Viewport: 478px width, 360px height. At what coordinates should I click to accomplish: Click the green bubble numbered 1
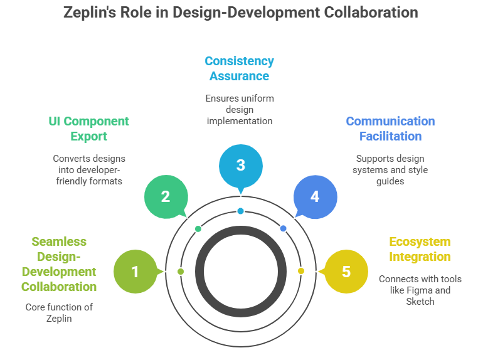tap(134, 272)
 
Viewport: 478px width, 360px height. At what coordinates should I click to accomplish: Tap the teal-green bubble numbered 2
tap(166, 196)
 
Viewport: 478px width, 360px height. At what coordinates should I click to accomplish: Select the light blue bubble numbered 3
tap(240, 166)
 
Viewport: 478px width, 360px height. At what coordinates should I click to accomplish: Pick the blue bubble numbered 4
tap(315, 196)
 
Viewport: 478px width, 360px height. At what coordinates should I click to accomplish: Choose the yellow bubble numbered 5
tap(346, 272)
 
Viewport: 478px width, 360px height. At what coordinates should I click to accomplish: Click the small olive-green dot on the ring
tap(181, 271)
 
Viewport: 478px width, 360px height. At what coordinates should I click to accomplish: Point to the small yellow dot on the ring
tap(300, 271)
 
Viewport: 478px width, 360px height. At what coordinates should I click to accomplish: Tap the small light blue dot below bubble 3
tap(240, 211)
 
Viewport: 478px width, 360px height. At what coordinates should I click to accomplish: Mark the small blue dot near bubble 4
tap(283, 228)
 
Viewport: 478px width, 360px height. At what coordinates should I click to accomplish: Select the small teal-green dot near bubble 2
tap(198, 228)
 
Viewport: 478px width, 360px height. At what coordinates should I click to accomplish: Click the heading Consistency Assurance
tap(240, 69)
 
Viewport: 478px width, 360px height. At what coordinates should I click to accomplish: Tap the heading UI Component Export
tap(88, 129)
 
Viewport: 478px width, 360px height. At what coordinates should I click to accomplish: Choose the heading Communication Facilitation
tap(390, 129)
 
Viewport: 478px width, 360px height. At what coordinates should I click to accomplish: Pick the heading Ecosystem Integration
tap(420, 249)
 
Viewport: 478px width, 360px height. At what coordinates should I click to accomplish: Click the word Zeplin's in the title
tap(91, 13)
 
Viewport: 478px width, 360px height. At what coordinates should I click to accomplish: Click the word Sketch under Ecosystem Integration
tap(420, 301)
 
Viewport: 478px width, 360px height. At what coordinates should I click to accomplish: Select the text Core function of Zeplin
tap(59, 313)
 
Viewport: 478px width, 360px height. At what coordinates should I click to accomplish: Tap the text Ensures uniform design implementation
tap(240, 109)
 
